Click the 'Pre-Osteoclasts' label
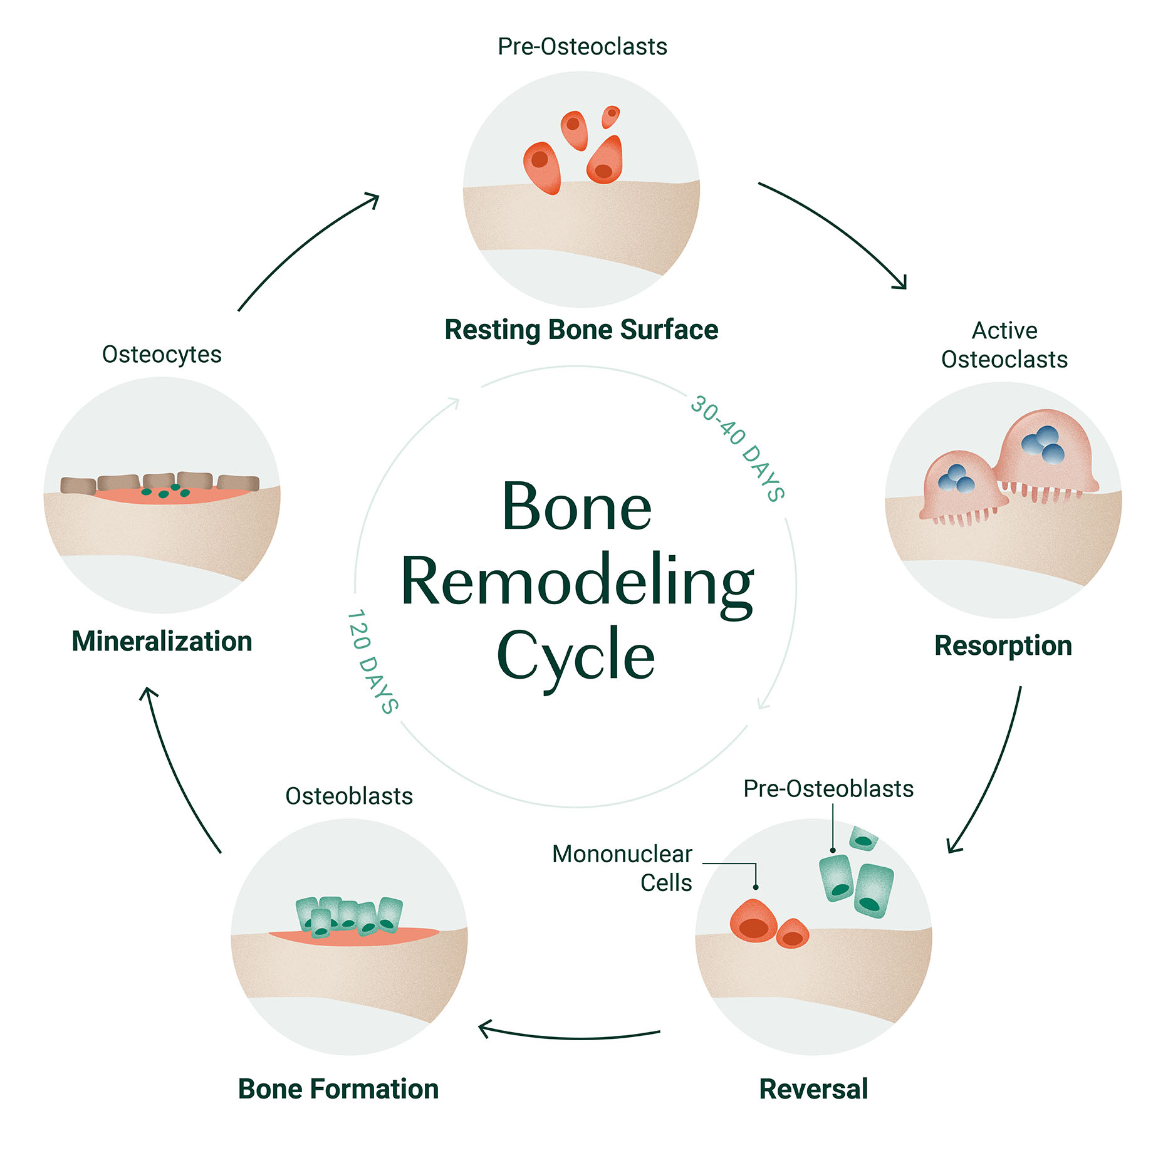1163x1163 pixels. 581,47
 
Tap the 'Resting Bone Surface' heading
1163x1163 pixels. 581,330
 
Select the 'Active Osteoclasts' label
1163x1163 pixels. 1004,345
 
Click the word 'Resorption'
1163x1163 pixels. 1003,645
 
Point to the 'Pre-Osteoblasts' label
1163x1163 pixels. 828,789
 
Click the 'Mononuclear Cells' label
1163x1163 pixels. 622,867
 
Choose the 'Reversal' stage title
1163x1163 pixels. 813,1089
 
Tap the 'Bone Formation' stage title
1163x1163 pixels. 338,1089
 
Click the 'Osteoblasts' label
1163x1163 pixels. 349,796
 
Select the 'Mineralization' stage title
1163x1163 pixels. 162,642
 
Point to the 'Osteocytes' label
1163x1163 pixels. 162,355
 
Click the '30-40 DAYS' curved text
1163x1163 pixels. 738,447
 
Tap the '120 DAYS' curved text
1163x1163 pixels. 372,661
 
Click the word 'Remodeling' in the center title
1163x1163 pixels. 576,581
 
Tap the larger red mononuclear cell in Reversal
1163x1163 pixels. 753,920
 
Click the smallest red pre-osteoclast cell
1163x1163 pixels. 610,116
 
